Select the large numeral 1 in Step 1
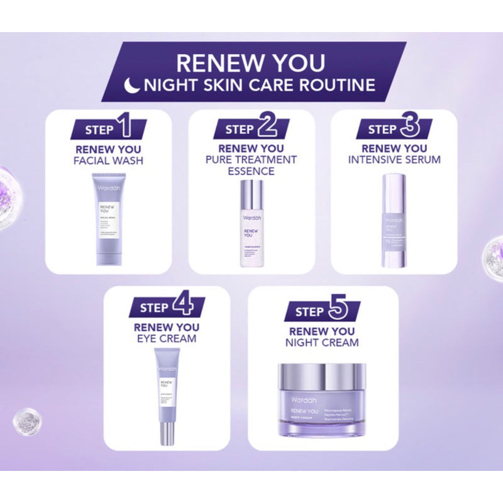(x=124, y=128)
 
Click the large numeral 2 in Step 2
(x=267, y=128)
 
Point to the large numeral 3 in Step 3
(x=410, y=128)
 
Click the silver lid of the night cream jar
(x=321, y=376)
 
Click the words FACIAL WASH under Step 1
(x=108, y=161)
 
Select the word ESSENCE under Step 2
(x=251, y=171)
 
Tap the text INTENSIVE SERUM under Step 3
(x=394, y=160)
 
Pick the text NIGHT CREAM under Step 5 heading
(x=322, y=343)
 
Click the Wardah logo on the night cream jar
(x=302, y=399)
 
